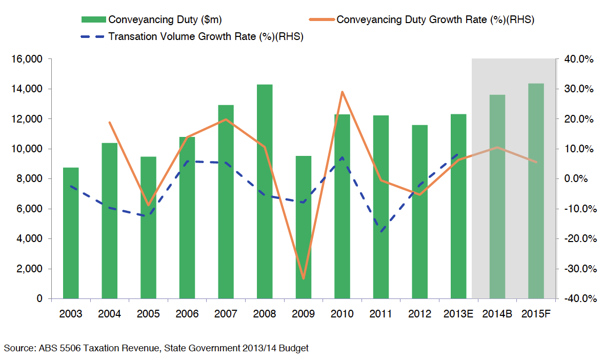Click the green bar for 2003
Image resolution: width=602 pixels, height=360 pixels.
coord(71,233)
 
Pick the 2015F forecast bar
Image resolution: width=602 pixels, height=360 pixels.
coord(536,191)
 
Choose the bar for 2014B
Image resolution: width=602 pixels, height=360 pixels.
coord(497,196)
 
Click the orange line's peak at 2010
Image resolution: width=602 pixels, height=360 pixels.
coord(342,92)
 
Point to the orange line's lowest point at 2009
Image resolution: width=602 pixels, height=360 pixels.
coord(303,278)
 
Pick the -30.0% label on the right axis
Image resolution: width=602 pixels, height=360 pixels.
coord(580,269)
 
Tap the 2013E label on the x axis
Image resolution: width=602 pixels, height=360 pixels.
coord(458,314)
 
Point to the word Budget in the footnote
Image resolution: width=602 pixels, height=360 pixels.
coord(294,348)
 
